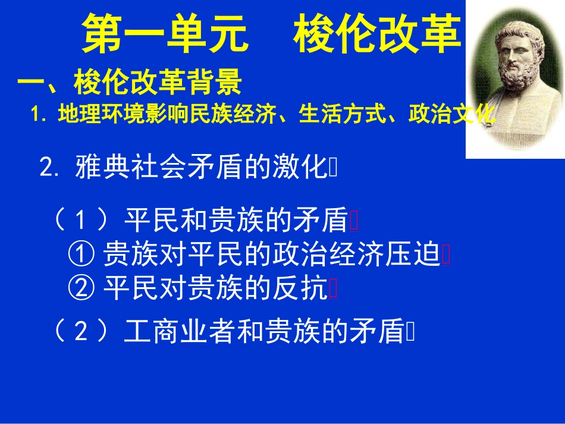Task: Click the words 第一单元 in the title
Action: click(x=164, y=34)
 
